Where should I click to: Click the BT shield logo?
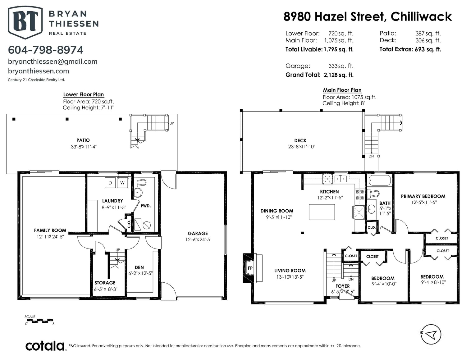[x=25, y=22]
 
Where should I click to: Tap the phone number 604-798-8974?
[x=45, y=50]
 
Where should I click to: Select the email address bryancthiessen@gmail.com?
[x=53, y=62]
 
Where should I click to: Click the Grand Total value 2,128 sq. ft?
[x=339, y=75]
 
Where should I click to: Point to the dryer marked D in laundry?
[x=110, y=183]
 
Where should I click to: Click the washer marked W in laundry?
[x=122, y=183]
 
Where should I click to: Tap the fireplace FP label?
[x=250, y=268]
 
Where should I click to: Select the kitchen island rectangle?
[x=322, y=212]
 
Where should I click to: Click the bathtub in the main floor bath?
[x=380, y=180]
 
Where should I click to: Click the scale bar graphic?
[x=40, y=321]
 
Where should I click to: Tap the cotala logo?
[x=45, y=346]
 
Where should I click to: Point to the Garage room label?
[x=198, y=234]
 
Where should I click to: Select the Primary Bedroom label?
[x=423, y=196]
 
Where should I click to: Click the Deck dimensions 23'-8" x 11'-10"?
[x=302, y=147]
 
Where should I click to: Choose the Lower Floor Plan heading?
[x=84, y=94]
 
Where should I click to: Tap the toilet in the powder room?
[x=140, y=183]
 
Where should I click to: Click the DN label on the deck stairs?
[x=371, y=156]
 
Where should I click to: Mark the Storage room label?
[x=105, y=283]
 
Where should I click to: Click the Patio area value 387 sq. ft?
[x=428, y=34]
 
